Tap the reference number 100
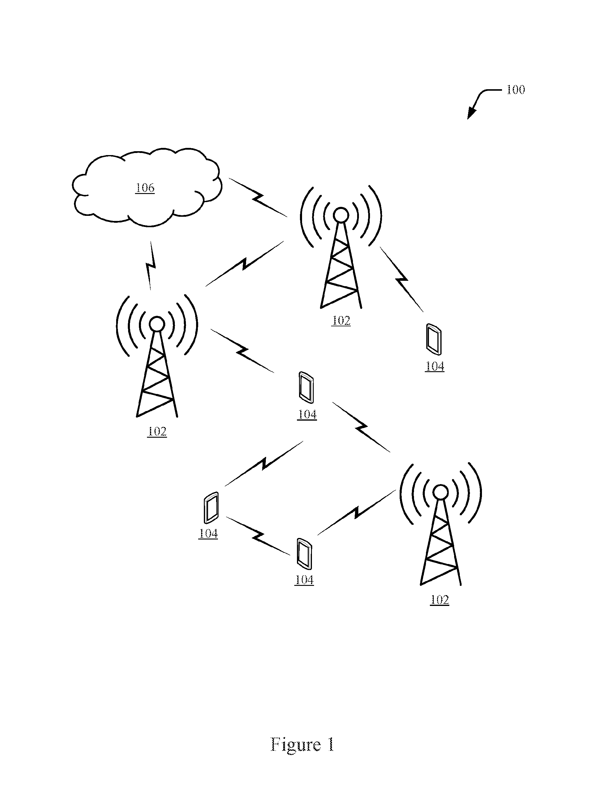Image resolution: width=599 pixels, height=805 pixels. point(515,90)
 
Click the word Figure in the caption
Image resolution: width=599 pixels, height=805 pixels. point(295,745)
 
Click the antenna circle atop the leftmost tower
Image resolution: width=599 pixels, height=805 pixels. point(157,324)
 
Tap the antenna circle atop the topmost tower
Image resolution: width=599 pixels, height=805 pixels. point(341,215)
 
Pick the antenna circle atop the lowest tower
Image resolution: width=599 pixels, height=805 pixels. point(441,492)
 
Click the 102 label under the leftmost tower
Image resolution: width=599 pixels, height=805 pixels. point(157,431)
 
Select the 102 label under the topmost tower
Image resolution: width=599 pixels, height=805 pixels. point(341,321)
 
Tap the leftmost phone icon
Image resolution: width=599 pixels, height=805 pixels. point(211,508)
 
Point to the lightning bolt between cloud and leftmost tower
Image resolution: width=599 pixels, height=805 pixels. point(151,266)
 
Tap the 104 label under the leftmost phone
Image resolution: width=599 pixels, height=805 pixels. point(208,534)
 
